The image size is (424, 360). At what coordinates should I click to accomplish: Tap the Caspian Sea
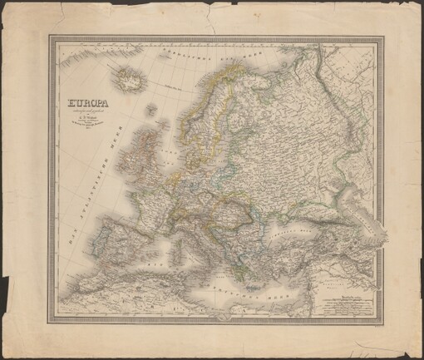[x=359, y=218]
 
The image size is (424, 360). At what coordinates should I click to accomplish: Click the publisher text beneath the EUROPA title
[x=89, y=123]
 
